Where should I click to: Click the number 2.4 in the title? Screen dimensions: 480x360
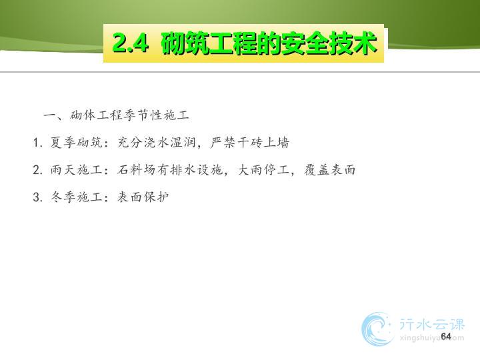(131, 43)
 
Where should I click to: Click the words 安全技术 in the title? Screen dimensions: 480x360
(329, 43)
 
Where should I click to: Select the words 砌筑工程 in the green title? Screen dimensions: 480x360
(221, 43)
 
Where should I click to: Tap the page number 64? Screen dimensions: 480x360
(446, 336)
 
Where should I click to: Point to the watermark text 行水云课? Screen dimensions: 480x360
(431, 324)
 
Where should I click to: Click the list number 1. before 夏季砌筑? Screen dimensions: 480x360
(37, 143)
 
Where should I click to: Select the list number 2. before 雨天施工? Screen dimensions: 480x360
(37, 170)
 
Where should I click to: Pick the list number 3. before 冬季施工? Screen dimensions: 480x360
(37, 197)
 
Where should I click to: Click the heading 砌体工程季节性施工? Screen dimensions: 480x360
(129, 115)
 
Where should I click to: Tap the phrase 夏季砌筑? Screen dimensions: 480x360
(76, 143)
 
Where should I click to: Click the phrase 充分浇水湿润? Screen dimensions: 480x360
(157, 143)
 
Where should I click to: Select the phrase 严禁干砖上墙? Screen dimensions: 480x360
(250, 143)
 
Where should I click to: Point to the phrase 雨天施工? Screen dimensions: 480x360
(76, 169)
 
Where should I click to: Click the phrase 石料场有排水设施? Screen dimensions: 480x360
(169, 169)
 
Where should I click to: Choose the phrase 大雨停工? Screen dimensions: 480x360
(263, 169)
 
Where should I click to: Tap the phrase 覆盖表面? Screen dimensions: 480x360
(330, 169)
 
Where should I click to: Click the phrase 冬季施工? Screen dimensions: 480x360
(76, 197)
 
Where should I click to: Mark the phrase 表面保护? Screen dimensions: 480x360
(143, 197)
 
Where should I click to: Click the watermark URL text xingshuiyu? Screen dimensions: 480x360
(421, 338)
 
